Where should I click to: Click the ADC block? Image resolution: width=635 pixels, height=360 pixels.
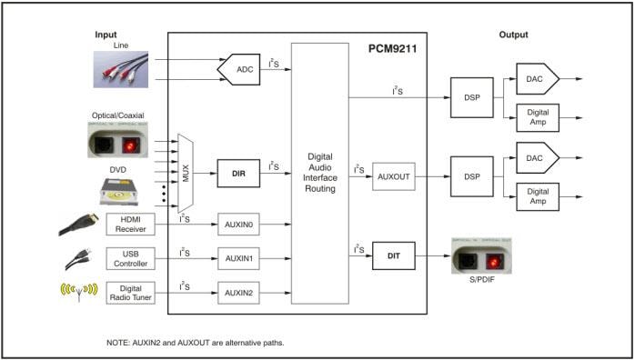[241, 68]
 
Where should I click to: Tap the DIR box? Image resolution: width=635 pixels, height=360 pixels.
[239, 170]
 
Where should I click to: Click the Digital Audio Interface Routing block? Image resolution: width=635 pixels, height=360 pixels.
[319, 174]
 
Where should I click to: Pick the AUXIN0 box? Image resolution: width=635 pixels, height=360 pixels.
[239, 223]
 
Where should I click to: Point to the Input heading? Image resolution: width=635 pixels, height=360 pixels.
[106, 35]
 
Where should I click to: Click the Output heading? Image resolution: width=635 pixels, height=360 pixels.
[513, 35]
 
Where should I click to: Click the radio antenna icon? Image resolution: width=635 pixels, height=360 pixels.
[76, 294]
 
